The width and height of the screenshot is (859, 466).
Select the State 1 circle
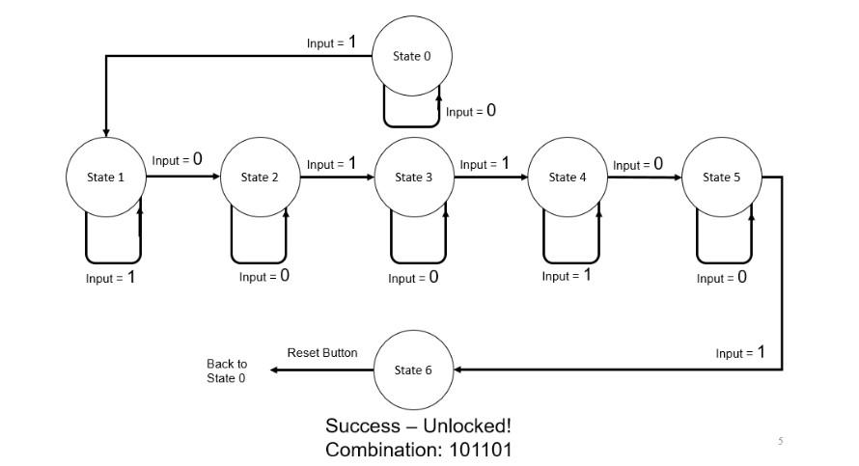[106, 178]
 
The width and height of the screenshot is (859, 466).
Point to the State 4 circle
[567, 178]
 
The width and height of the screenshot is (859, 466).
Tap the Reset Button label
[322, 353]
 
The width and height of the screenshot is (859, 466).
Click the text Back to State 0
[227, 371]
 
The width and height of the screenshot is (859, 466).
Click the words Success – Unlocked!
[425, 426]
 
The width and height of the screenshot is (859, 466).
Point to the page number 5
[781, 441]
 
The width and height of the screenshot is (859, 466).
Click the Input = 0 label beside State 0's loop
[471, 111]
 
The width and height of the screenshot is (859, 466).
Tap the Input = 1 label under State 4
[567, 276]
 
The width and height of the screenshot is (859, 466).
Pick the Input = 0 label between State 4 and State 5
[638, 164]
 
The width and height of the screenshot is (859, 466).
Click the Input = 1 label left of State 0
[331, 42]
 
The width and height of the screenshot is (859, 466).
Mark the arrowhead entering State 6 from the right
[459, 370]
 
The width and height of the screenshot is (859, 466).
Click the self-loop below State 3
[418, 261]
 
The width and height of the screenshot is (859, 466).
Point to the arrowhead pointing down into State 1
[105, 131]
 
